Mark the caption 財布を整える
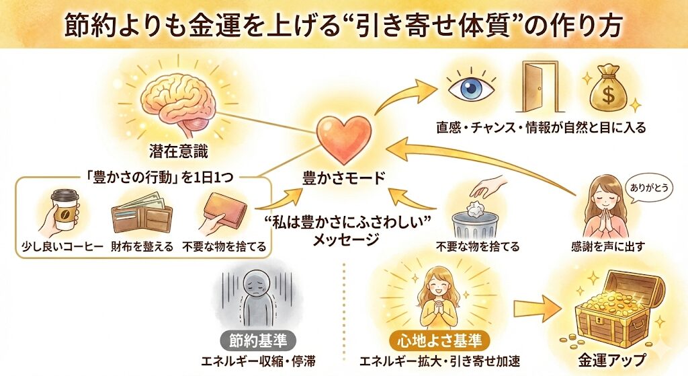142,247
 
